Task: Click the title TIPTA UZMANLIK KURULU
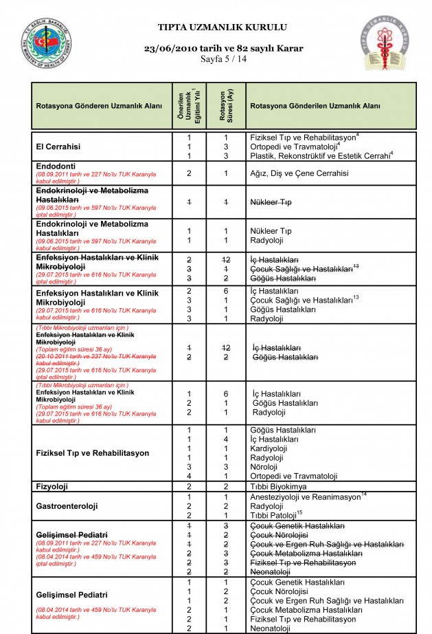click(x=223, y=28)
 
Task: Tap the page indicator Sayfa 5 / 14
click(x=223, y=58)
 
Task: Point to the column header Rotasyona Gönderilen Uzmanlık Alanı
click(x=316, y=107)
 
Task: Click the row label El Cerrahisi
click(x=58, y=146)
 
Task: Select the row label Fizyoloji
click(x=55, y=486)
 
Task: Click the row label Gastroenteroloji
click(x=67, y=505)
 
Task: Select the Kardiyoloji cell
click(x=269, y=448)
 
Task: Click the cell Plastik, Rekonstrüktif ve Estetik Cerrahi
click(x=320, y=156)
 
